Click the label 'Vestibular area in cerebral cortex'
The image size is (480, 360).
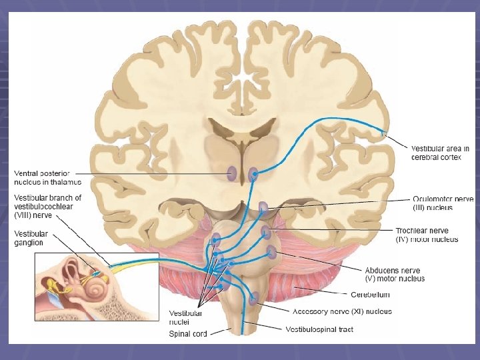440,153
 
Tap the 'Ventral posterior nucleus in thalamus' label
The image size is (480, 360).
47,177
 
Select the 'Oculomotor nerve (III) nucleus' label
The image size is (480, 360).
442,203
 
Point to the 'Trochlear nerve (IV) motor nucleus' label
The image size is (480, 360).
427,235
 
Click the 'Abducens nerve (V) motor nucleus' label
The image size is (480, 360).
395,274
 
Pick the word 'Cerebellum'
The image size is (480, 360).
370,294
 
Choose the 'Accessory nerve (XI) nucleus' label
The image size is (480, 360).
342,311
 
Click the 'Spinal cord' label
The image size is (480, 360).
188,333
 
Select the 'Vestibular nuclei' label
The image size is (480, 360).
185,317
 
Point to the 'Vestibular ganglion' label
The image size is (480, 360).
31,238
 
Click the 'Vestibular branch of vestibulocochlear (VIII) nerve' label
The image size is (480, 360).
47,206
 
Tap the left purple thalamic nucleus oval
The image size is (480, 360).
231,174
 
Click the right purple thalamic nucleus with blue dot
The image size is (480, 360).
253,175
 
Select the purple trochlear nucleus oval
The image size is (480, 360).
267,233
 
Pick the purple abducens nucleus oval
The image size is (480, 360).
271,252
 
